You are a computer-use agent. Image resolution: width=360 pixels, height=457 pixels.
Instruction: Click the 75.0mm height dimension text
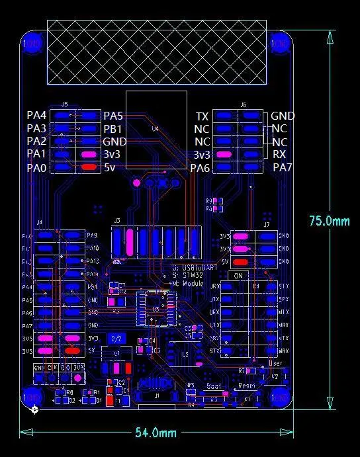pyautogui.click(x=329, y=221)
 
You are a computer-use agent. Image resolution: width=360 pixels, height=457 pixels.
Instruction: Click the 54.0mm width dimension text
pyautogui.click(x=156, y=433)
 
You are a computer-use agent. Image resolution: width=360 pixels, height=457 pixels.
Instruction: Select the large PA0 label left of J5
pyautogui.click(x=36, y=167)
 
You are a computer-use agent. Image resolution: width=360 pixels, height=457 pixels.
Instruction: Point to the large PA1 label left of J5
pyautogui.click(x=36, y=154)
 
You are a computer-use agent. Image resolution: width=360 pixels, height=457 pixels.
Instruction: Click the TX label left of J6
pyautogui.click(x=202, y=116)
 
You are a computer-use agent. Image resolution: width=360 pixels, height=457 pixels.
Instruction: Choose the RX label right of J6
pyautogui.click(x=279, y=154)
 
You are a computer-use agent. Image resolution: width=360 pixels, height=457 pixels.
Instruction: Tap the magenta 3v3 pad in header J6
pyautogui.click(x=224, y=154)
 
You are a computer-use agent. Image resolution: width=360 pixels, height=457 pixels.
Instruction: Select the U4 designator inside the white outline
pyautogui.click(x=156, y=129)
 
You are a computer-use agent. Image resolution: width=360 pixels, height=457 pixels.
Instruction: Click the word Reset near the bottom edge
pyautogui.click(x=246, y=385)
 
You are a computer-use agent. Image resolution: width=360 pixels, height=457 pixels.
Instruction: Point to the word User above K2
pyautogui.click(x=277, y=364)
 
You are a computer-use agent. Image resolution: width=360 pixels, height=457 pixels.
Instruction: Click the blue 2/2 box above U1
pyautogui.click(x=116, y=338)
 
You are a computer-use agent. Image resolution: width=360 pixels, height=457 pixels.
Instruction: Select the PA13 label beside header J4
pyautogui.click(x=93, y=261)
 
